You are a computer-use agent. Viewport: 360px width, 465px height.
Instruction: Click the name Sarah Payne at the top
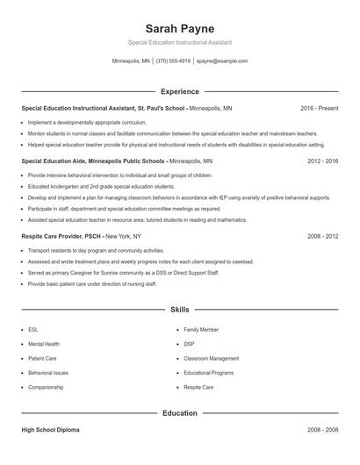179,28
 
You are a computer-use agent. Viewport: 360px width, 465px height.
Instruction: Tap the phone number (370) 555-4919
173,61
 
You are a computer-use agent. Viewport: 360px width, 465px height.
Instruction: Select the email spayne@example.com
222,61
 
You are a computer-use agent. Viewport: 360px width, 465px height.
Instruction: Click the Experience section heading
179,91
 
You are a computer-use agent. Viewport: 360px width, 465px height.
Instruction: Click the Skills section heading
179,310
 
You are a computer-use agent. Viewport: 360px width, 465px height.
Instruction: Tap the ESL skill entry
33,330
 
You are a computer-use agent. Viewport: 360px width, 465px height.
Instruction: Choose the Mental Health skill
44,344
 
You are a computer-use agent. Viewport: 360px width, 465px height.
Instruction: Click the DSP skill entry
190,344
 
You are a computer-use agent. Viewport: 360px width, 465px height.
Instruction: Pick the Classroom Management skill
211,358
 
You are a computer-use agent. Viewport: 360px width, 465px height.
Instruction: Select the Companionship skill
46,387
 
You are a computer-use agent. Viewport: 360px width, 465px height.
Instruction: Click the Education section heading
179,412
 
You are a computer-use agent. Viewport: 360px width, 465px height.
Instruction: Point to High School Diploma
52,431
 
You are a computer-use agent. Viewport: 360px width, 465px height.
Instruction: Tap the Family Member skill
202,330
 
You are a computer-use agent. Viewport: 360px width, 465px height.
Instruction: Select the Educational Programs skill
209,372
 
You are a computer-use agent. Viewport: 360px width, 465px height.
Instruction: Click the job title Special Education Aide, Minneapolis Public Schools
93,162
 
